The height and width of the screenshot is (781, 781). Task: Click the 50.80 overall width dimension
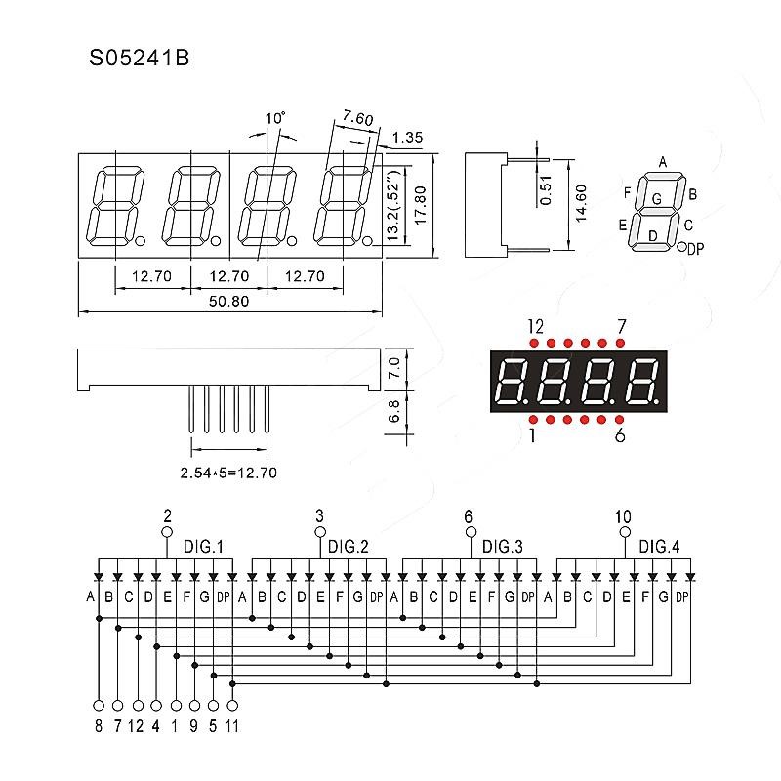click(229, 302)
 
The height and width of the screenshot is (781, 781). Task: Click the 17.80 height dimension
click(421, 205)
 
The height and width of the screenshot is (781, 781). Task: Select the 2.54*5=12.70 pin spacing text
click(229, 473)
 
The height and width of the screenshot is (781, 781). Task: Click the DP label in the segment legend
click(696, 250)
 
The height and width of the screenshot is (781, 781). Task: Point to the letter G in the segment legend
click(656, 199)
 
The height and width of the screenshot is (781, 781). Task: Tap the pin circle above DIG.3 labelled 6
click(471, 532)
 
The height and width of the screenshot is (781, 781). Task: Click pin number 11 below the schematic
click(232, 725)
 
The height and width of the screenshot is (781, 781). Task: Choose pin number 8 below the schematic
click(98, 725)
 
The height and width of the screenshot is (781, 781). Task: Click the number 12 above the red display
click(535, 325)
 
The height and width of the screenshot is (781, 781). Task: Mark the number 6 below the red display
click(620, 435)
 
